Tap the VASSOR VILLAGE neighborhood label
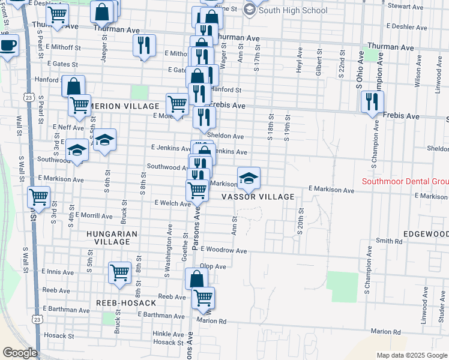coord(258,197)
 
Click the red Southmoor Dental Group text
coord(405,182)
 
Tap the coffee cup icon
coord(8,46)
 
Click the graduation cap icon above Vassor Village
coord(249,177)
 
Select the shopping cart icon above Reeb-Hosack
coord(119,272)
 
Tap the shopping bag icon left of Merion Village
coord(73,86)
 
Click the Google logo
coord(19,353)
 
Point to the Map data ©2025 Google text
coord(411,355)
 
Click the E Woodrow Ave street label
coord(224,250)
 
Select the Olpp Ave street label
coord(213,266)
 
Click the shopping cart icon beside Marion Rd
coord(203,297)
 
